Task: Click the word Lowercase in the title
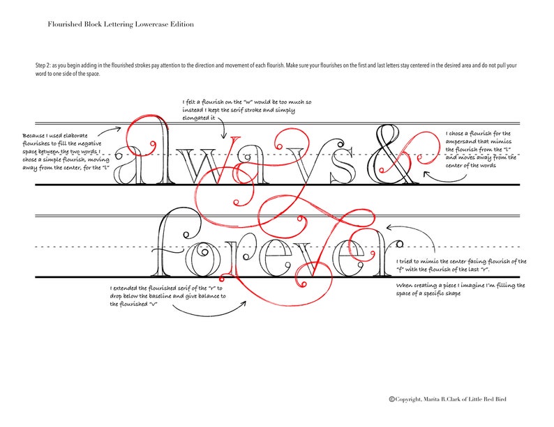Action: click(x=151, y=24)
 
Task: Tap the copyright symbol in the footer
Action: click(x=392, y=399)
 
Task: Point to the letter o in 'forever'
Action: click(x=200, y=259)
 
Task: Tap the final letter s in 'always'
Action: click(x=342, y=166)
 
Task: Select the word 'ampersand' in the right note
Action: click(x=461, y=141)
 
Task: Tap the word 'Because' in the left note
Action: click(x=33, y=135)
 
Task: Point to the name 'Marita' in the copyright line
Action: click(x=433, y=399)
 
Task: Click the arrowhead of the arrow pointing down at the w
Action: click(x=223, y=136)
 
